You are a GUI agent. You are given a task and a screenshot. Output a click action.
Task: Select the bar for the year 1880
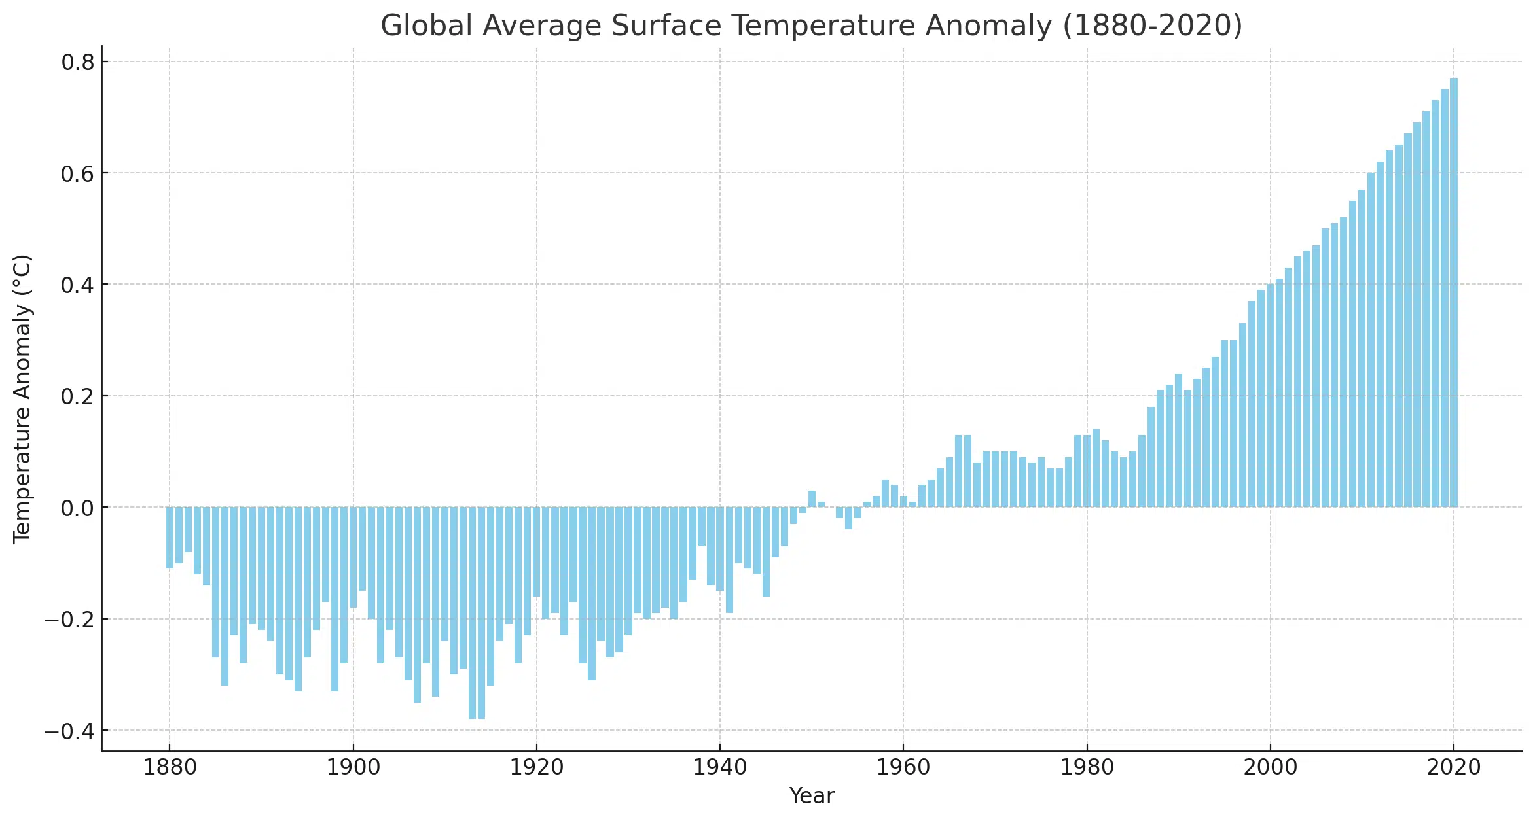click(170, 537)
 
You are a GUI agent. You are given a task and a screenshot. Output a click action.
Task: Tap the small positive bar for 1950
click(812, 498)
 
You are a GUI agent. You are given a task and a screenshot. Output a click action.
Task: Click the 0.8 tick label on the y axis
click(78, 63)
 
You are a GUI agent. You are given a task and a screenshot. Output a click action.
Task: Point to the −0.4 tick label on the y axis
click(69, 731)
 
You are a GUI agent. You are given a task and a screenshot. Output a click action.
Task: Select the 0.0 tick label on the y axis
click(78, 508)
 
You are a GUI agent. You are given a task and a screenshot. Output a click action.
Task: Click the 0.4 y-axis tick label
click(78, 285)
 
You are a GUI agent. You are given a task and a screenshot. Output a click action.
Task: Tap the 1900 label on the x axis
click(353, 767)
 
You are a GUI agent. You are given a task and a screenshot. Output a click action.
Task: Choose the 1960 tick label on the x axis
click(903, 767)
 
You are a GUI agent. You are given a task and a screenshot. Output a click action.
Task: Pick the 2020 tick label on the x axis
click(1453, 767)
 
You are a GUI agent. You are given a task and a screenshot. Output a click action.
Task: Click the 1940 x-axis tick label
click(720, 767)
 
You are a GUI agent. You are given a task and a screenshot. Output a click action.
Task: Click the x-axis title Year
click(812, 796)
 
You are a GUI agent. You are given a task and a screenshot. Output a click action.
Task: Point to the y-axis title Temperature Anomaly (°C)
click(22, 399)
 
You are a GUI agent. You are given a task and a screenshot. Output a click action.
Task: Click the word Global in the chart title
click(426, 26)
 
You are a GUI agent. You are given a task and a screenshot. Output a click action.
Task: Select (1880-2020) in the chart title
click(1152, 26)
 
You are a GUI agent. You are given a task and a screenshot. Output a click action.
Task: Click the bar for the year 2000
click(1270, 396)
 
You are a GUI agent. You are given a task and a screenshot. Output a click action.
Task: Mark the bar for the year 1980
click(1087, 471)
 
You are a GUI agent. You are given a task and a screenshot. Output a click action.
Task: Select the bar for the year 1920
click(537, 551)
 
